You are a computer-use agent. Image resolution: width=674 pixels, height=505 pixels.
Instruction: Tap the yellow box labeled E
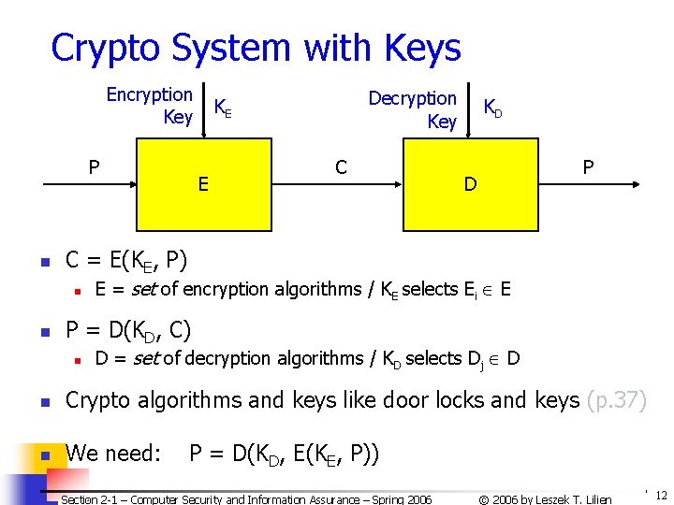click(x=203, y=184)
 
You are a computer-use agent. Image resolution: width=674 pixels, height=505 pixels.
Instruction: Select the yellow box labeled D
click(x=470, y=184)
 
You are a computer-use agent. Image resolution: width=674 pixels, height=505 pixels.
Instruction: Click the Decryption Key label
click(x=413, y=109)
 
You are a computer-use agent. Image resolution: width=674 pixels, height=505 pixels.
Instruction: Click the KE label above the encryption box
click(x=223, y=108)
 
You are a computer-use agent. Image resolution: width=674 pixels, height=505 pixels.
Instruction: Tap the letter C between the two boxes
click(x=341, y=167)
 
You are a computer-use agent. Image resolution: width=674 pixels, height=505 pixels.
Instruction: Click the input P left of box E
click(x=94, y=167)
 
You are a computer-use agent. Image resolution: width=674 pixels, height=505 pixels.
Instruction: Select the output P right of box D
click(x=588, y=167)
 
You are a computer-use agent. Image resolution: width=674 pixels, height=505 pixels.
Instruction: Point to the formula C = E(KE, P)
click(x=125, y=260)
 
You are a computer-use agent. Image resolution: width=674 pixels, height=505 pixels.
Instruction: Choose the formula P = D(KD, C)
click(x=128, y=330)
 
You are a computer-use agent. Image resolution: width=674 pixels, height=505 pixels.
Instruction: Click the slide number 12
click(x=661, y=495)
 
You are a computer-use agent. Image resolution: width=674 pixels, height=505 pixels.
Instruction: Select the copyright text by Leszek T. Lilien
click(x=545, y=499)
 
